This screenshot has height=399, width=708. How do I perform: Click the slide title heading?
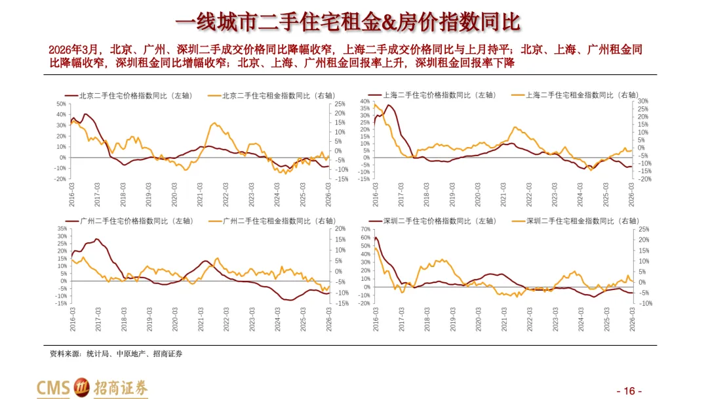[x=347, y=22]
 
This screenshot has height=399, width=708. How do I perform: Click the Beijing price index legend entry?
[x=128, y=96]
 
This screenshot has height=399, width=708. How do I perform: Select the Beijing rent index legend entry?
[x=272, y=96]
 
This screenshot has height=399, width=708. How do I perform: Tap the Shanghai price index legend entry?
[x=433, y=95]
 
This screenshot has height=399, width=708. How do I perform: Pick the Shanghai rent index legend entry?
[x=576, y=95]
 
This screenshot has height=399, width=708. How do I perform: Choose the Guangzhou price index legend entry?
[x=130, y=221]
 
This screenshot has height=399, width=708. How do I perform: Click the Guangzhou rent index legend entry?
[x=273, y=221]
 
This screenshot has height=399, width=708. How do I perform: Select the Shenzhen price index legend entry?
[x=433, y=221]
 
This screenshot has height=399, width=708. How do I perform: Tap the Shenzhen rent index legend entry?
[x=576, y=221]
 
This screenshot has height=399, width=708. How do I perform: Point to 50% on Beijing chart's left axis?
[x=61, y=104]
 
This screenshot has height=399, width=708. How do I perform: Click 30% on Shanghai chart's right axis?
[x=642, y=101]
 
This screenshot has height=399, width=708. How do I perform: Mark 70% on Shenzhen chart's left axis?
[x=365, y=229]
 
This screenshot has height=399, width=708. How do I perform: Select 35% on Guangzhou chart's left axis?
[x=62, y=228]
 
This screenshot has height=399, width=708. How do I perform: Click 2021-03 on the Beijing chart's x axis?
[x=199, y=195]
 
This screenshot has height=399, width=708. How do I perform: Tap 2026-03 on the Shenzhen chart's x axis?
[x=632, y=320]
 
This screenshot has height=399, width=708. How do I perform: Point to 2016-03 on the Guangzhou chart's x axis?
[x=72, y=320]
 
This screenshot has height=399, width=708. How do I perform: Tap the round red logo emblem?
[x=82, y=387]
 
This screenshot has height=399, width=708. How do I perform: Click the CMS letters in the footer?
[x=53, y=388]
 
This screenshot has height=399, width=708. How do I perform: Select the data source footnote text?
[x=116, y=354]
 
